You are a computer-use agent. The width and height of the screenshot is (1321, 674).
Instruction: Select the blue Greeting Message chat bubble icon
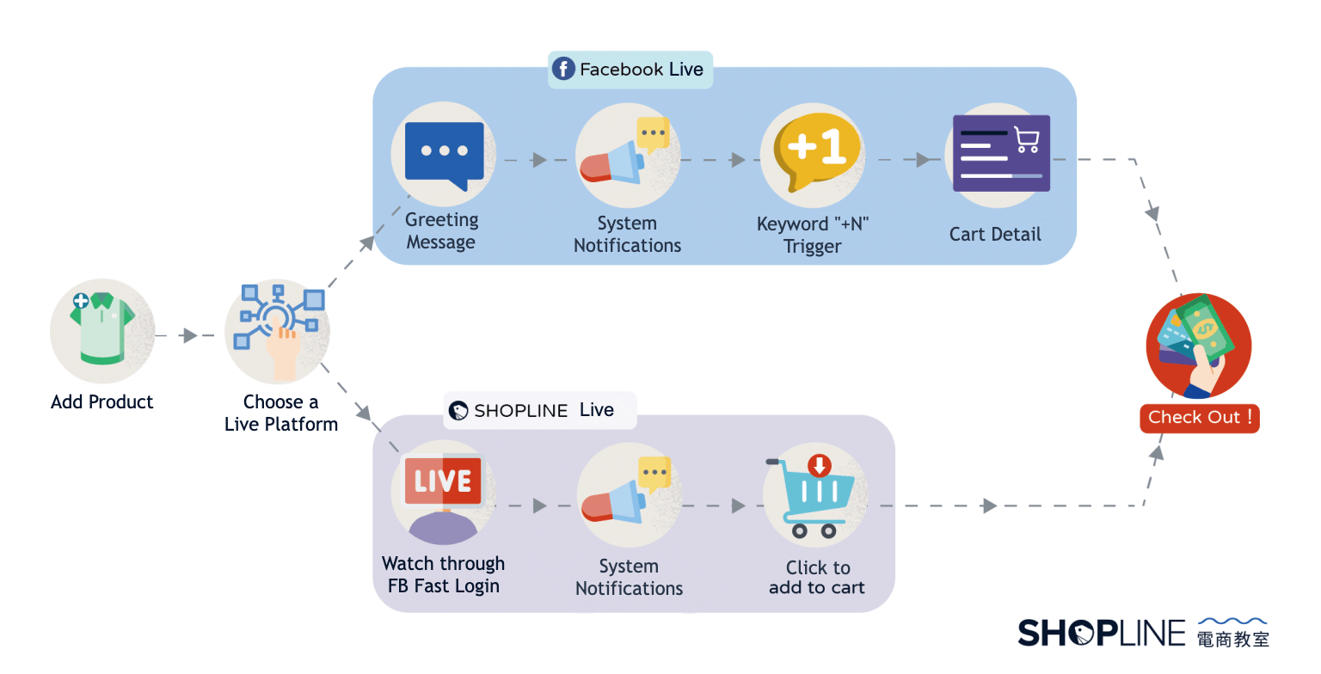444,154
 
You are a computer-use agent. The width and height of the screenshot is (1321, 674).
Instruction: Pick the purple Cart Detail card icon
1000,154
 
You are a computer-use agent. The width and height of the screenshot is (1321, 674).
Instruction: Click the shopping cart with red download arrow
813,497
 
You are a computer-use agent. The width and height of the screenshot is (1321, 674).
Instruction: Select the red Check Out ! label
1199,418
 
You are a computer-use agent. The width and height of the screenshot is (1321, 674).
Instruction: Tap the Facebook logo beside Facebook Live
563,70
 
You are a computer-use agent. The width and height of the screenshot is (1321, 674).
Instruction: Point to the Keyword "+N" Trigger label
813,236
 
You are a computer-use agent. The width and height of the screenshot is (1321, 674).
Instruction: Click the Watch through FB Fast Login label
444,575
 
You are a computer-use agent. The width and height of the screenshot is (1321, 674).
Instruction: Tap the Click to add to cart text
817,578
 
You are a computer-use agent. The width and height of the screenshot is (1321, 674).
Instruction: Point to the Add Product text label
101,401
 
